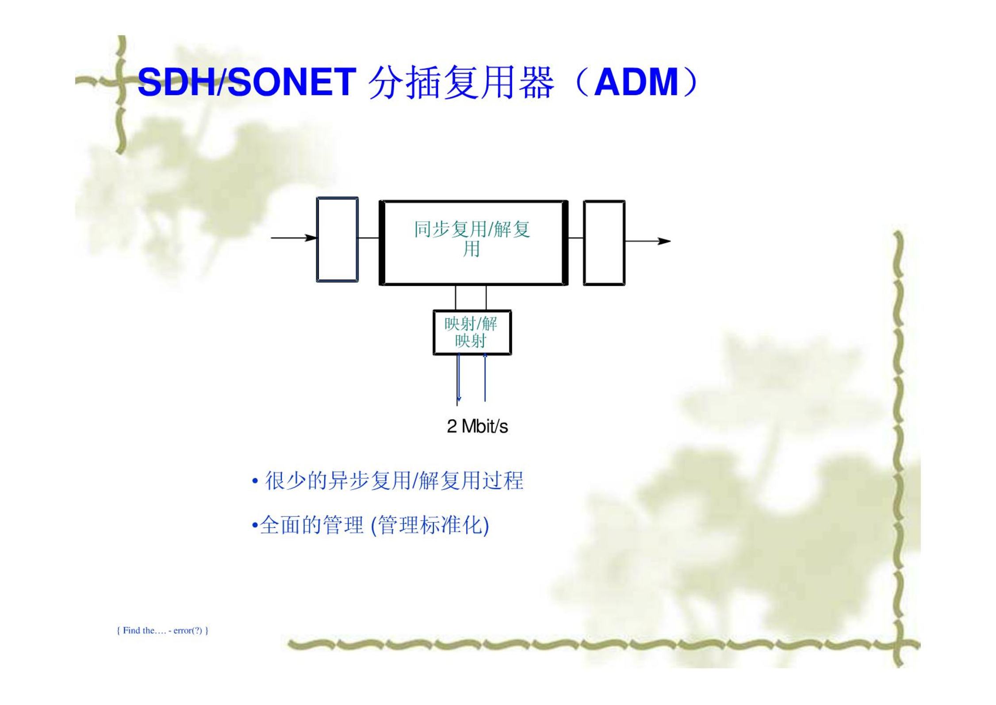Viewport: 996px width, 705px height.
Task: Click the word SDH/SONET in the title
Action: (x=246, y=82)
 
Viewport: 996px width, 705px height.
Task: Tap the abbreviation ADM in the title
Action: (x=636, y=82)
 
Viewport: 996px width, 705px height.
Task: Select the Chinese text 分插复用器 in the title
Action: (x=460, y=82)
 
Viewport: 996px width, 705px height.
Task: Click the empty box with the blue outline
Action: (x=337, y=239)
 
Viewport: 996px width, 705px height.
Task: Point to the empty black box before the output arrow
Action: (x=604, y=243)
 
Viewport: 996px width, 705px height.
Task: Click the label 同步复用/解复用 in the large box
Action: (x=472, y=239)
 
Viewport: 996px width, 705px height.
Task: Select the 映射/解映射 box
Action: (x=472, y=332)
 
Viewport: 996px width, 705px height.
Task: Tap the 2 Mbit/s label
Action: (x=477, y=426)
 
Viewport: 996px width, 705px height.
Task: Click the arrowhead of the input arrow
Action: (x=311, y=238)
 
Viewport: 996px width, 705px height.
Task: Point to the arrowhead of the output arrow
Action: (x=664, y=241)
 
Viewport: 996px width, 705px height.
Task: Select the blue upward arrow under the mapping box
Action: (x=485, y=377)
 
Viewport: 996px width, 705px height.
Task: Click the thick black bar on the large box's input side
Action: (x=382, y=243)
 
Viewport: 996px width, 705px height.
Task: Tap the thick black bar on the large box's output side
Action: (x=565, y=243)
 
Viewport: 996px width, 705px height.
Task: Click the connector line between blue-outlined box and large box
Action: (x=368, y=238)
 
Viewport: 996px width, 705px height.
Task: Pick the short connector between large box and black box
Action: (x=575, y=238)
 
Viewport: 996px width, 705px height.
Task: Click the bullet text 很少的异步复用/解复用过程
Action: (x=394, y=481)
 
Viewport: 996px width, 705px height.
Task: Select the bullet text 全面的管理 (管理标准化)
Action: (x=374, y=525)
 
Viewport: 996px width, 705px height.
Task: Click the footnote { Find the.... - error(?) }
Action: (x=162, y=630)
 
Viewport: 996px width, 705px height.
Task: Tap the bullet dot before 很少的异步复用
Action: (x=255, y=481)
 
